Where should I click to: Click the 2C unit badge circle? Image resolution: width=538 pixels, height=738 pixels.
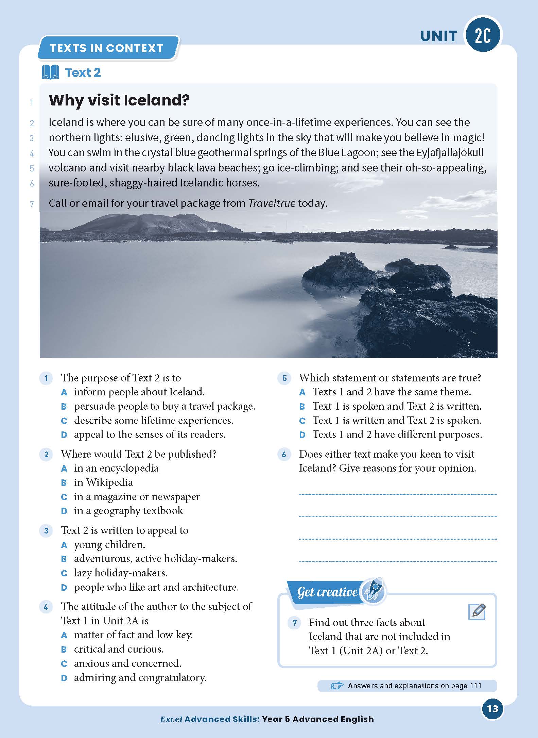tap(483, 35)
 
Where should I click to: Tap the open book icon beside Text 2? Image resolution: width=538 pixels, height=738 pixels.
tap(50, 72)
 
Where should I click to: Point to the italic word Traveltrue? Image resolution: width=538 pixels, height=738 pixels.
tap(272, 203)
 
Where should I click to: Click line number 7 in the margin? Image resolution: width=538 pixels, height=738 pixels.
tap(32, 204)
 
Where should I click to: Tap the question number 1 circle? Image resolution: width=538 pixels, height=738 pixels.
tap(46, 378)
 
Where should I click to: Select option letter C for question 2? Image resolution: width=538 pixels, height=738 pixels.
tap(64, 497)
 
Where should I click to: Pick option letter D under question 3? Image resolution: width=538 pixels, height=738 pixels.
tap(64, 588)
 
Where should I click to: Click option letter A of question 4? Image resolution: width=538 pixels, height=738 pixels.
tap(64, 635)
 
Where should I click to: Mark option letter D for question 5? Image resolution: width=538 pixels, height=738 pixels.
tap(302, 435)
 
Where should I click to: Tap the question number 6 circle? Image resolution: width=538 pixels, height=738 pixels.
tap(284, 454)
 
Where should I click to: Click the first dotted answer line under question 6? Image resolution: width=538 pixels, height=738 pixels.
tap(398, 494)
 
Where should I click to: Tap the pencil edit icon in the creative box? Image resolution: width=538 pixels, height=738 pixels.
tap(477, 612)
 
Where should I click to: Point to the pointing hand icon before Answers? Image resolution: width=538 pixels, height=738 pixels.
tap(337, 686)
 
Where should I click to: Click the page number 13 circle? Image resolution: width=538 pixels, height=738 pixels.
tap(492, 709)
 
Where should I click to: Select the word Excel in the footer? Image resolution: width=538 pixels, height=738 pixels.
tap(171, 719)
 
